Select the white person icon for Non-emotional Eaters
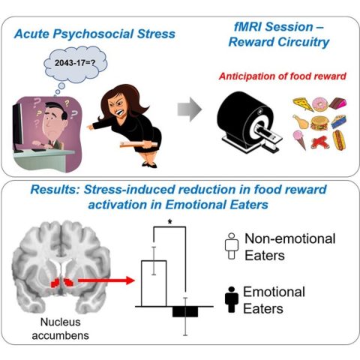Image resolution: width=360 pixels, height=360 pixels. (232, 248)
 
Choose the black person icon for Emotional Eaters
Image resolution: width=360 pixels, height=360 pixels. (232, 298)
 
